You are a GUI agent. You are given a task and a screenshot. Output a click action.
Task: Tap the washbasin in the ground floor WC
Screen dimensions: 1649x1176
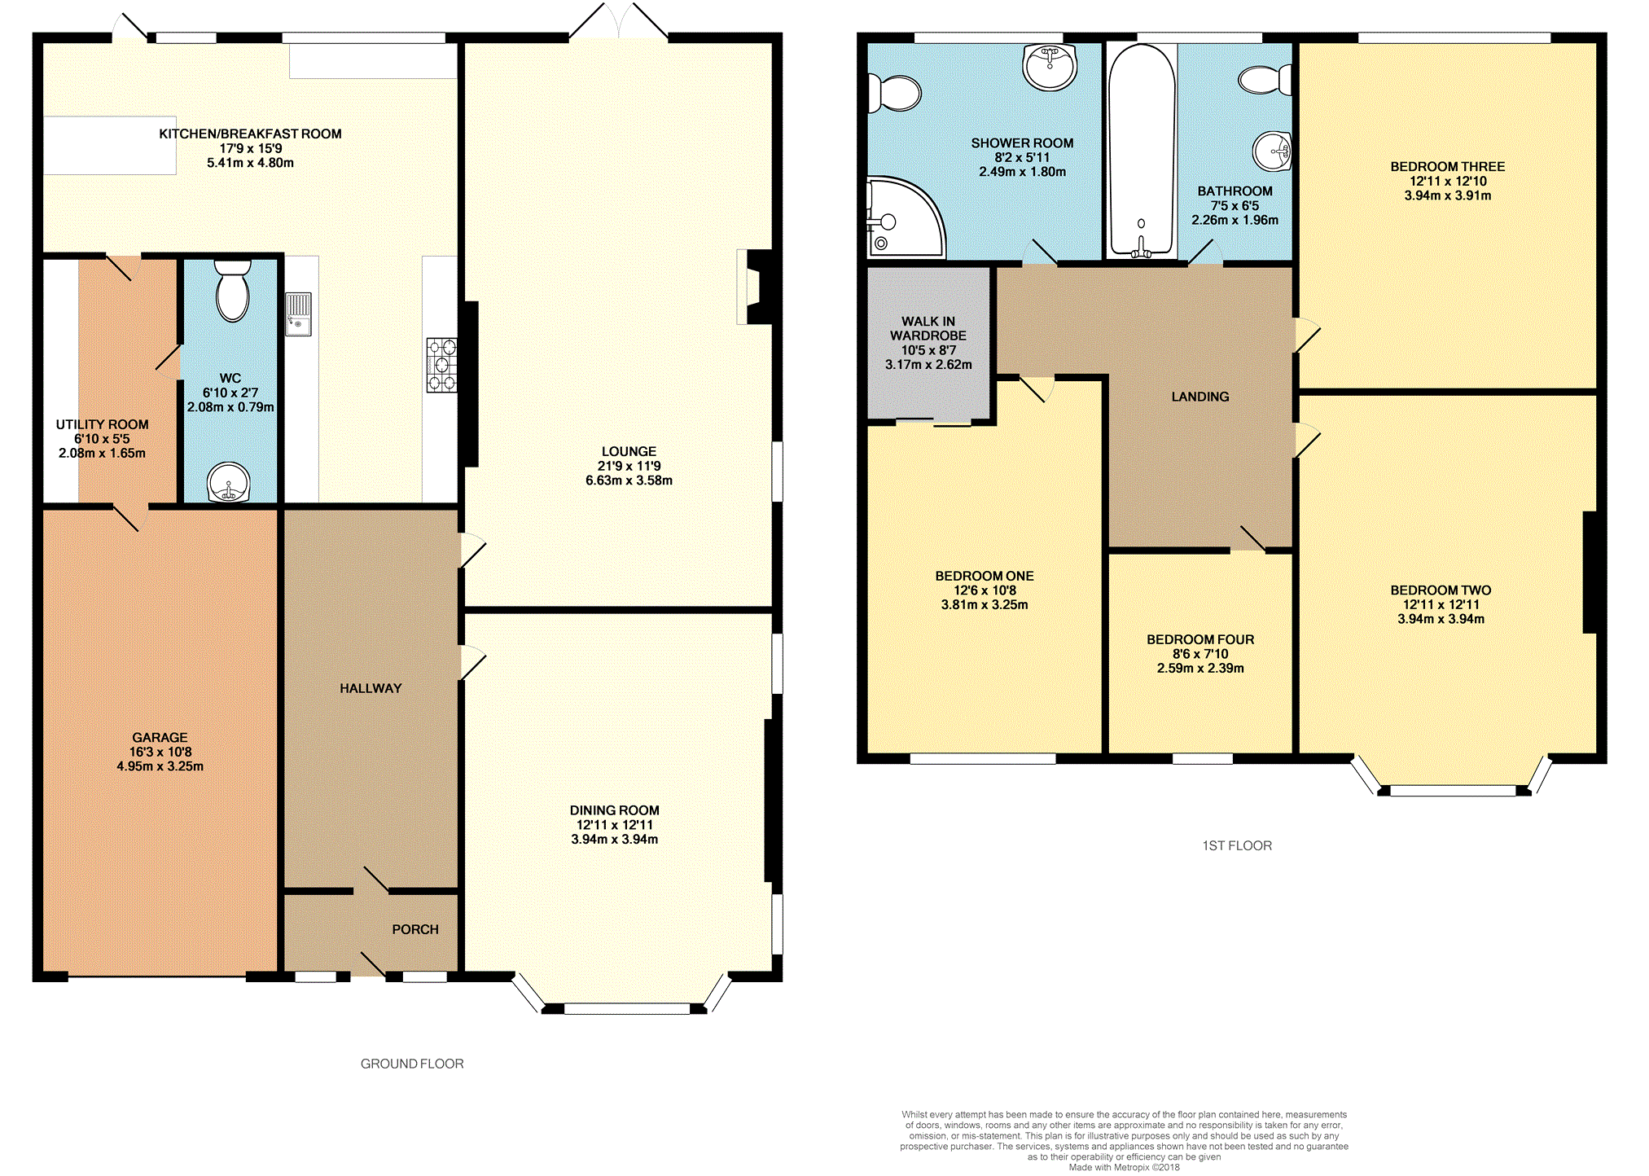[x=229, y=482]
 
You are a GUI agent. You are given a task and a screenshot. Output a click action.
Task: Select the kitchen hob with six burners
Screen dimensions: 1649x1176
[x=441, y=365]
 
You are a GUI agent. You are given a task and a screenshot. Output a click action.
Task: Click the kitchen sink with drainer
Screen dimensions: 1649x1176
[x=299, y=314]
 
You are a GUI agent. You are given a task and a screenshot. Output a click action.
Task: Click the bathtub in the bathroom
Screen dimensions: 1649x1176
[x=1141, y=151]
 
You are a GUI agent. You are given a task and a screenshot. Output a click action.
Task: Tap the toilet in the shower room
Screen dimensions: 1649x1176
[x=893, y=92]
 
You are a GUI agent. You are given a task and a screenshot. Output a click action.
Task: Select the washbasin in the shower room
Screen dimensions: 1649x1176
[x=1050, y=66]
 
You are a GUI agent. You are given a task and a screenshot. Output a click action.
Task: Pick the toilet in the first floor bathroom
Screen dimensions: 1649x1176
[x=1265, y=80]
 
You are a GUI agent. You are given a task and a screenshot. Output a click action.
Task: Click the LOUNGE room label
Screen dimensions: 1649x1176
[x=629, y=451]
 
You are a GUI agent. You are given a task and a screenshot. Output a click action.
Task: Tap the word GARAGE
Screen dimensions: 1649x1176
[x=160, y=737]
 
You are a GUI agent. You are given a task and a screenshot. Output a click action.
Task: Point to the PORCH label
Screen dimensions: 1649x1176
[x=415, y=929]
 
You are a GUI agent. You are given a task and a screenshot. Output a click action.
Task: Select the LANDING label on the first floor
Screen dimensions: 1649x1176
[x=1200, y=397]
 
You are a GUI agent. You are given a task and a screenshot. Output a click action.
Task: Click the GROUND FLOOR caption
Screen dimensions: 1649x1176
[x=412, y=1064]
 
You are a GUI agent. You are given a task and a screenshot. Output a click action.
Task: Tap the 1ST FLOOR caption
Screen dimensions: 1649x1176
[x=1237, y=845]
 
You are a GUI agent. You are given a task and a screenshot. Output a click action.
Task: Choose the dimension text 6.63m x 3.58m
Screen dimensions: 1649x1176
[x=629, y=480]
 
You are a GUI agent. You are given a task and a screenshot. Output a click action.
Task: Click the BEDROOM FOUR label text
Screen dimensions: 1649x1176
[x=1200, y=639]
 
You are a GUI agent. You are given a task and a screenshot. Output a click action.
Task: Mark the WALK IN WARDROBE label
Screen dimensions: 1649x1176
[x=928, y=328]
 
